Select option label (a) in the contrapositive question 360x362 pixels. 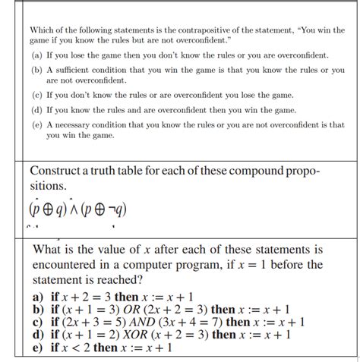(x=36, y=55)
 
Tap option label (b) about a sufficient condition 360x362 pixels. (x=36, y=70)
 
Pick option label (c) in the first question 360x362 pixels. (x=36, y=96)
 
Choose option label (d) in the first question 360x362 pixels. (x=36, y=110)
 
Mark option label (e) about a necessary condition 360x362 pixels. (x=36, y=124)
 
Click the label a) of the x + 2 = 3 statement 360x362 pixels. (x=39, y=297)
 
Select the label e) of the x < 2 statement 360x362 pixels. (x=39, y=347)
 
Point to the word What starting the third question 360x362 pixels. (x=49, y=249)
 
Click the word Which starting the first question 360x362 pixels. (x=43, y=30)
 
